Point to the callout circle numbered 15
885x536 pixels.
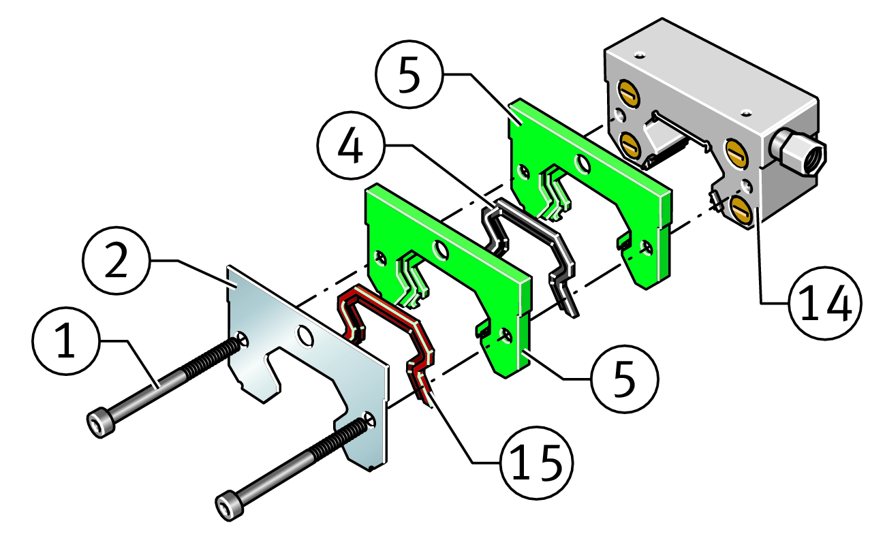tap(535, 463)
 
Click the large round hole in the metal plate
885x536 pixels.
tap(305, 335)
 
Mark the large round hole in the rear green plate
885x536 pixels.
tap(583, 162)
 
